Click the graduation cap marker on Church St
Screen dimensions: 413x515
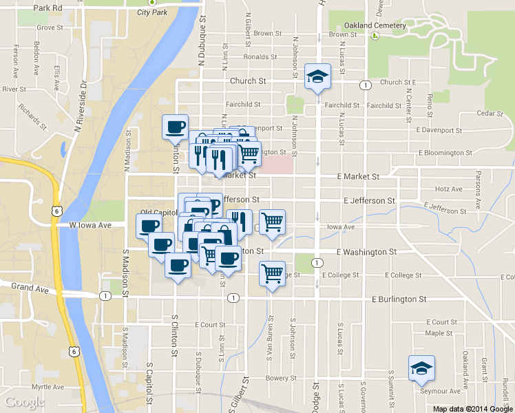317,76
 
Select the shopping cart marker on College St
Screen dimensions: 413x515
273,273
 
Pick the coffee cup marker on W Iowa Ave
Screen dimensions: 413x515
149,225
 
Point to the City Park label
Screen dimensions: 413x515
152,12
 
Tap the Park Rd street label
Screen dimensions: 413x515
48,8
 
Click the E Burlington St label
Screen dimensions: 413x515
399,299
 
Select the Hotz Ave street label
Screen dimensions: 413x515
449,189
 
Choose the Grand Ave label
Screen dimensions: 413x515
28,286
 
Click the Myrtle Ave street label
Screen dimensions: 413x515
48,387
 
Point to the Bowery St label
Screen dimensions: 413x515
282,378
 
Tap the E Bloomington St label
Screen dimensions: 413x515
445,153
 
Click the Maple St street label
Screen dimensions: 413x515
439,333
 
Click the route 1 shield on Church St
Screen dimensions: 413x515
365,85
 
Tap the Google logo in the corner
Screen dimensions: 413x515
25,402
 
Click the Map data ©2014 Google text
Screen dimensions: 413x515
472,409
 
